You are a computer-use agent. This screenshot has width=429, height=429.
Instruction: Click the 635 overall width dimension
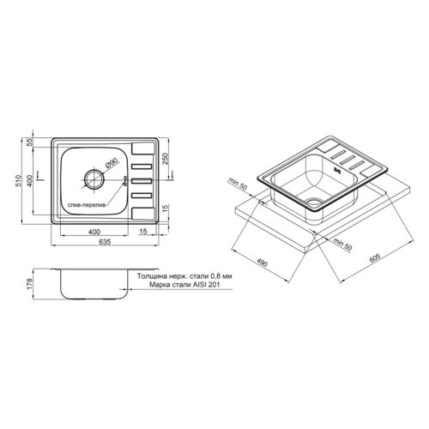tap(105, 242)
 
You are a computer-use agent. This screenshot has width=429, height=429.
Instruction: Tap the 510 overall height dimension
tap(19, 181)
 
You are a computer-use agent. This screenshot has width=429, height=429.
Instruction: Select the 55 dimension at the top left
tap(30, 142)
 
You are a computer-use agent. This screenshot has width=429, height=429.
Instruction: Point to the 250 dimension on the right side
tap(166, 159)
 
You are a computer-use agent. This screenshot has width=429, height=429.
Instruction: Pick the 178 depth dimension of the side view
tap(31, 284)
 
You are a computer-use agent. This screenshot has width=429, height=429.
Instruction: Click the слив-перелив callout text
tap(87, 205)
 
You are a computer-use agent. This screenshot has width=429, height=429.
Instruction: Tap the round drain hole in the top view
tap(94, 179)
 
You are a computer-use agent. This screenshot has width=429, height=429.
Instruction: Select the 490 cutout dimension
tap(262, 262)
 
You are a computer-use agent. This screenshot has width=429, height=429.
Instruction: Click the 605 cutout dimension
tap(375, 257)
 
